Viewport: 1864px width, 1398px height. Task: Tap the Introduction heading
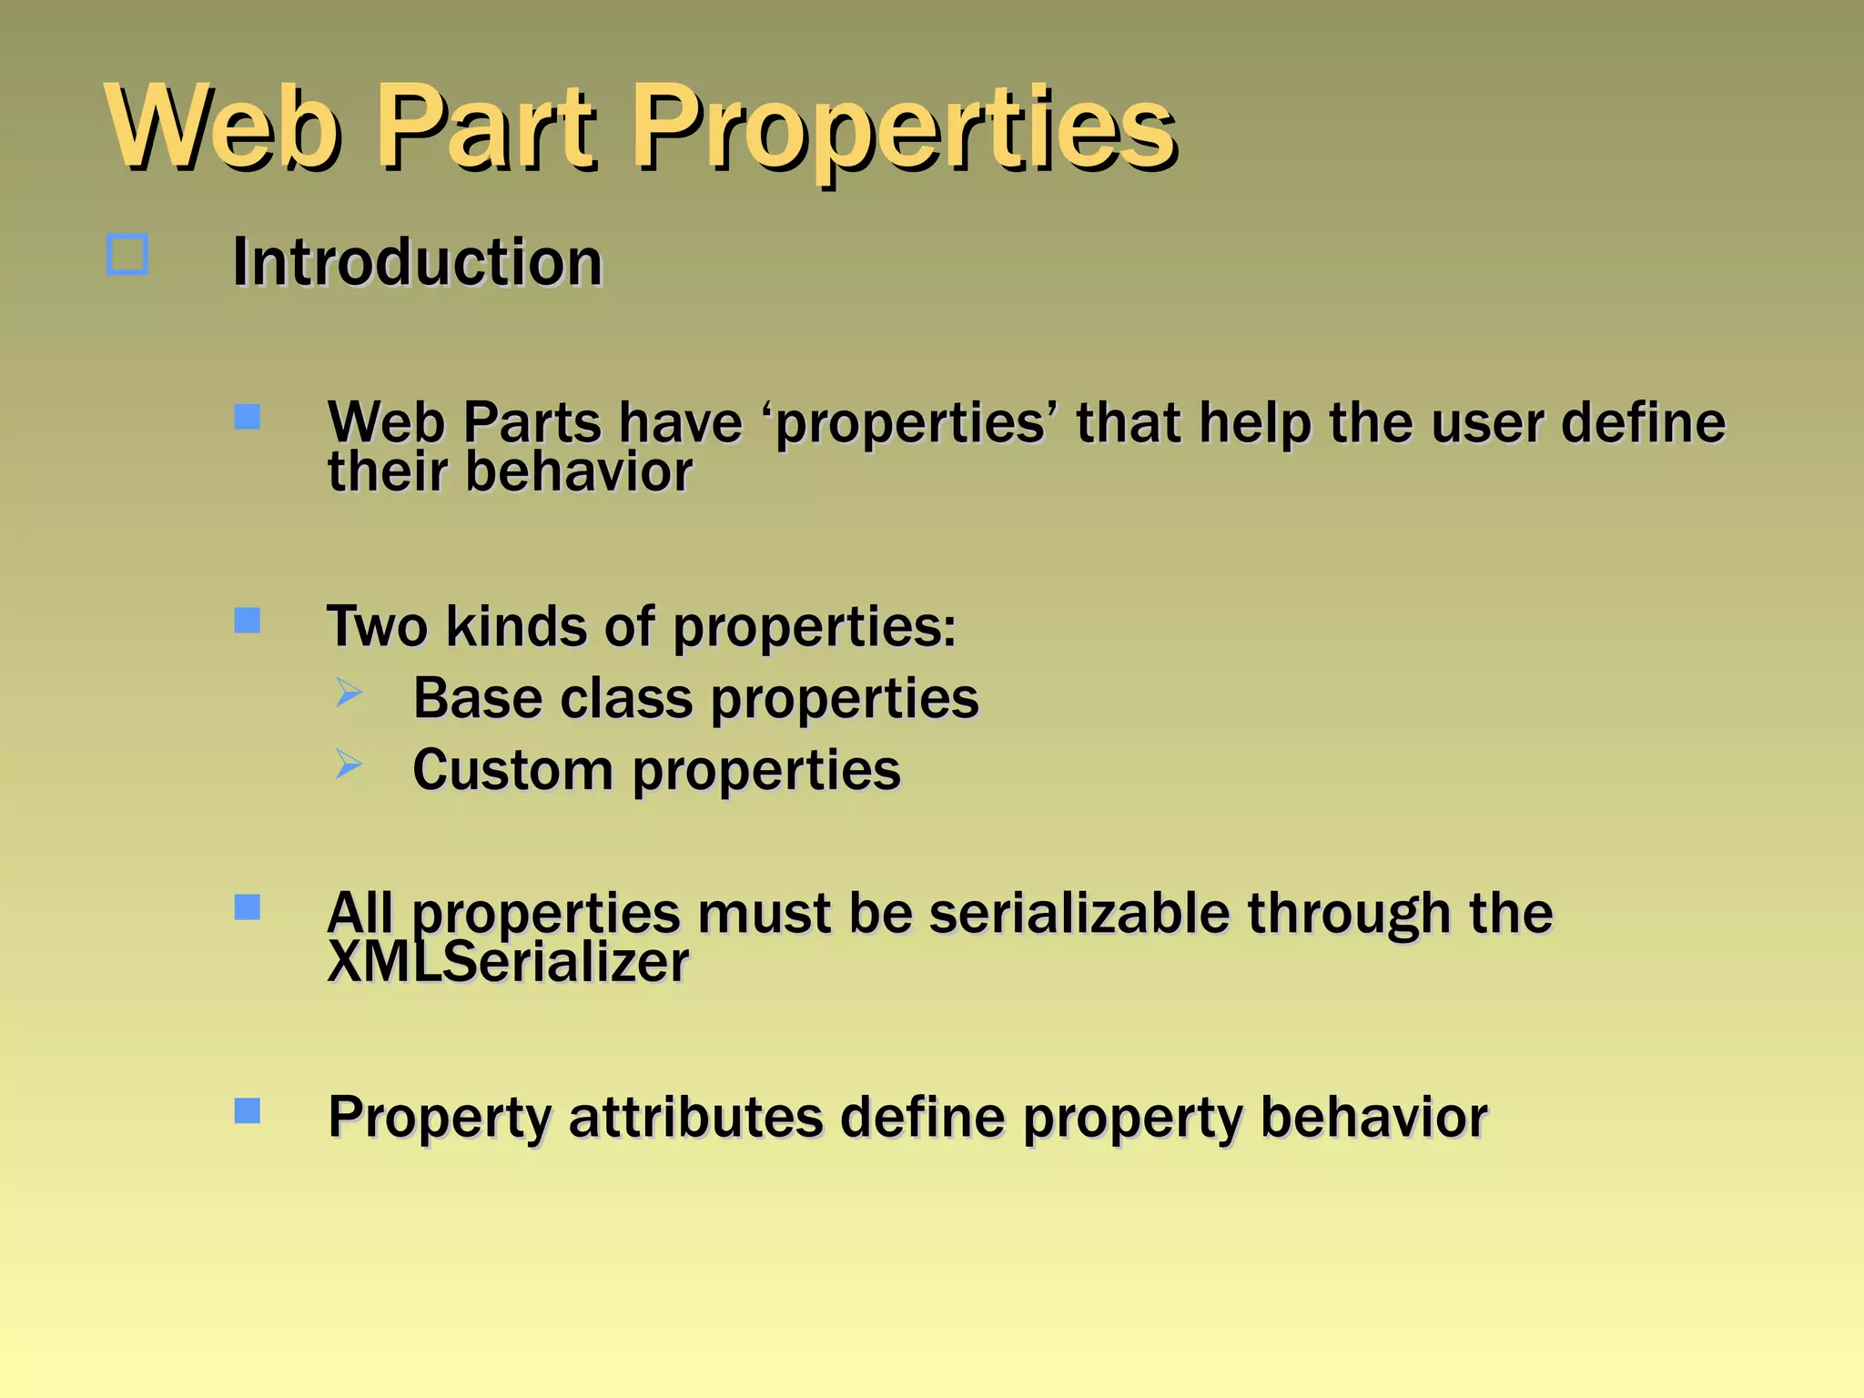417,263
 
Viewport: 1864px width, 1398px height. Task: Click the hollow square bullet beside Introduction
127,255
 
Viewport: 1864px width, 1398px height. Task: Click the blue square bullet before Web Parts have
248,417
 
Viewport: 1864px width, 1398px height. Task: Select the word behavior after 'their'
579,473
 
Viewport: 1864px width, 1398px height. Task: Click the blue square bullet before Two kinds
248,621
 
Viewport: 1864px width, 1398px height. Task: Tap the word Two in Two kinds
377,627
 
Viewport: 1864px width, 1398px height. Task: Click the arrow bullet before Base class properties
349,693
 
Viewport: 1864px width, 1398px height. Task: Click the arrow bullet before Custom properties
349,764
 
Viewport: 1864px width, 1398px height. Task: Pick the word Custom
513,771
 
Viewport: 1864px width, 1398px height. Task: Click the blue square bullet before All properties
248,907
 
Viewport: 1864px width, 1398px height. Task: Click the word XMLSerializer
508,963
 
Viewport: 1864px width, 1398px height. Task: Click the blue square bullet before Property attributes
248,1110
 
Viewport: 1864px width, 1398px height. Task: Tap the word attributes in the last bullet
696,1118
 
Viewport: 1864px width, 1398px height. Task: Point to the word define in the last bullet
922,1118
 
